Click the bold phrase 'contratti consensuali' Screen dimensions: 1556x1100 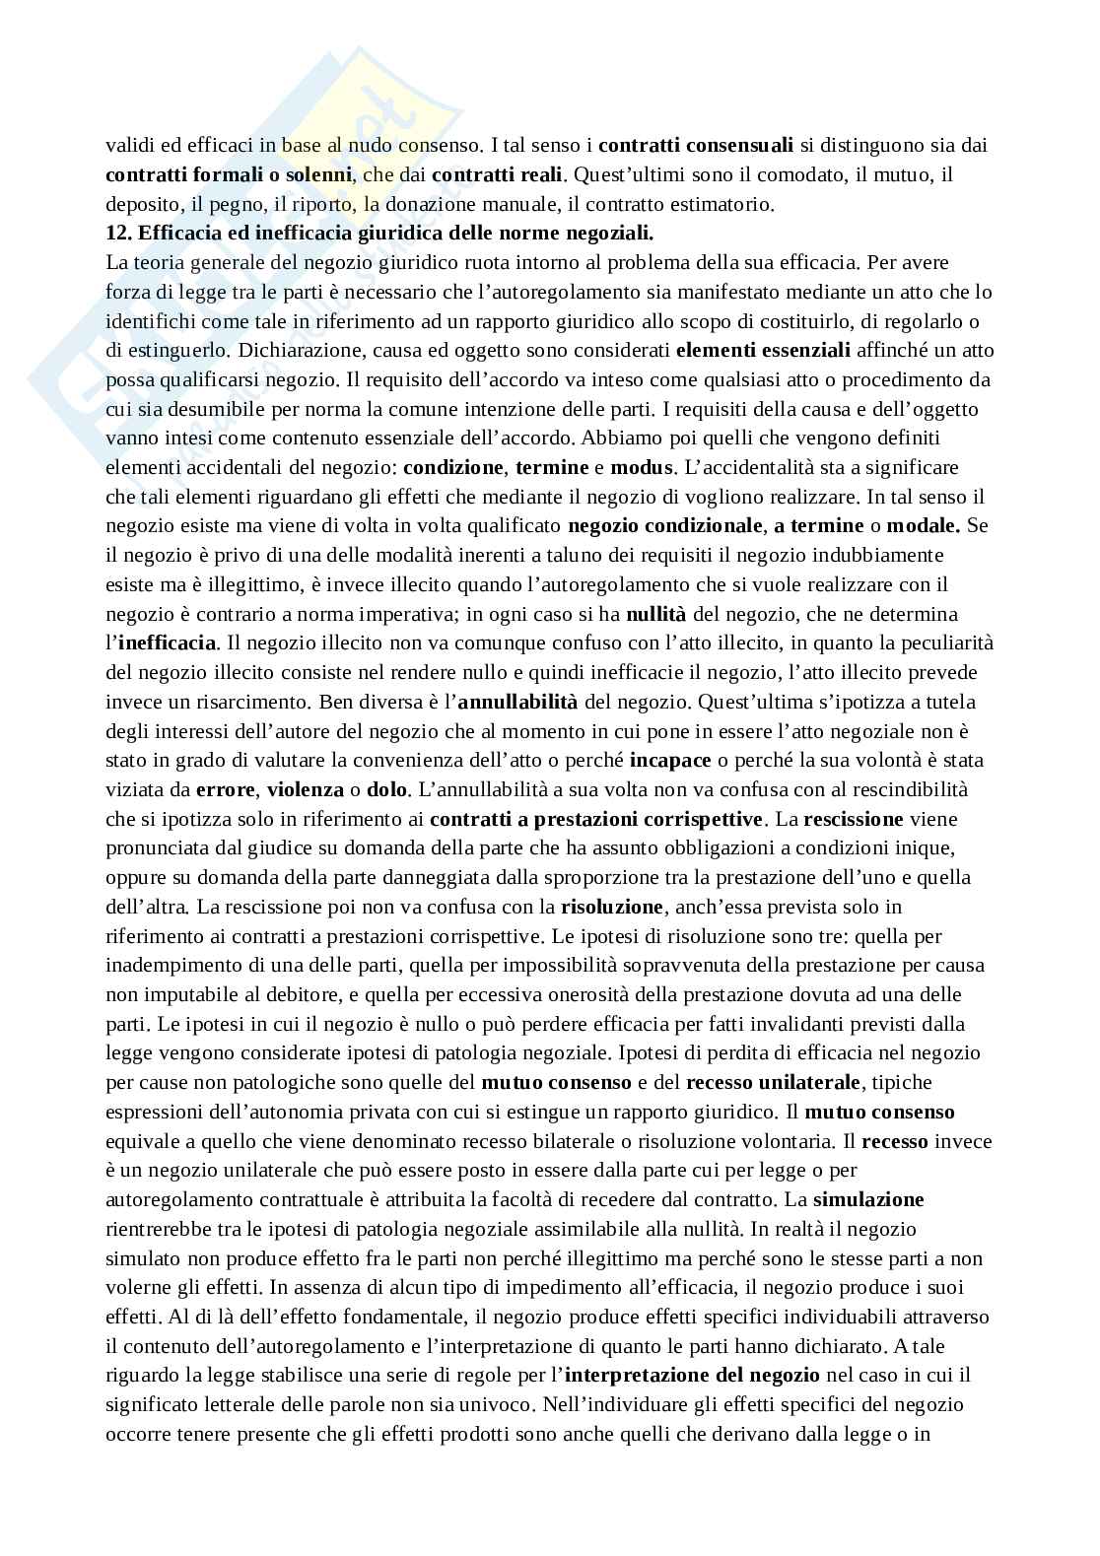[x=696, y=146]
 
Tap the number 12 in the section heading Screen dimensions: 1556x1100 [x=117, y=234]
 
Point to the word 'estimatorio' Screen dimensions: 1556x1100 [x=728, y=205]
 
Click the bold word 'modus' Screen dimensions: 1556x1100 [x=642, y=467]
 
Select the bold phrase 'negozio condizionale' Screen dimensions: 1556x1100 [x=665, y=525]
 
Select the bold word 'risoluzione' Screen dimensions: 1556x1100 [x=612, y=907]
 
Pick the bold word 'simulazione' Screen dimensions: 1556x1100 [x=868, y=1199]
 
